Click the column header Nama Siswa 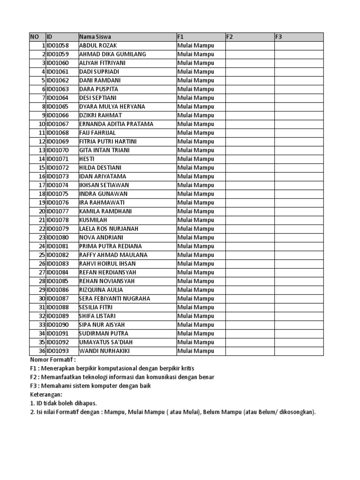pyautogui.click(x=96, y=37)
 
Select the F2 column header pyautogui.click(x=230, y=37)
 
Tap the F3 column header pyautogui.click(x=278, y=37)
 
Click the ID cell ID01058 pyautogui.click(x=58, y=45)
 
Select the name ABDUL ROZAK pyautogui.click(x=97, y=45)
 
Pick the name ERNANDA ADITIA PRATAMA pyautogui.click(x=116, y=124)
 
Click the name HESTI pyautogui.click(x=87, y=159)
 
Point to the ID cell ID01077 pyautogui.click(x=58, y=211)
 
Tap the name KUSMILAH pyautogui.click(x=93, y=220)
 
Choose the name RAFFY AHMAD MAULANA pyautogui.click(x=113, y=255)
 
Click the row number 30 pyautogui.click(x=42, y=299)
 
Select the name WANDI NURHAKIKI pyautogui.click(x=105, y=351)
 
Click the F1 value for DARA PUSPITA pyautogui.click(x=195, y=89)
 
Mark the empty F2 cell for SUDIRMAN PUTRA pyautogui.click(x=249, y=333)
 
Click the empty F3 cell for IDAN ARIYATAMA pyautogui.click(x=299, y=176)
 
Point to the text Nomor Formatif pyautogui.click(x=52, y=360)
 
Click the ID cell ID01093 pyautogui.click(x=58, y=351)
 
